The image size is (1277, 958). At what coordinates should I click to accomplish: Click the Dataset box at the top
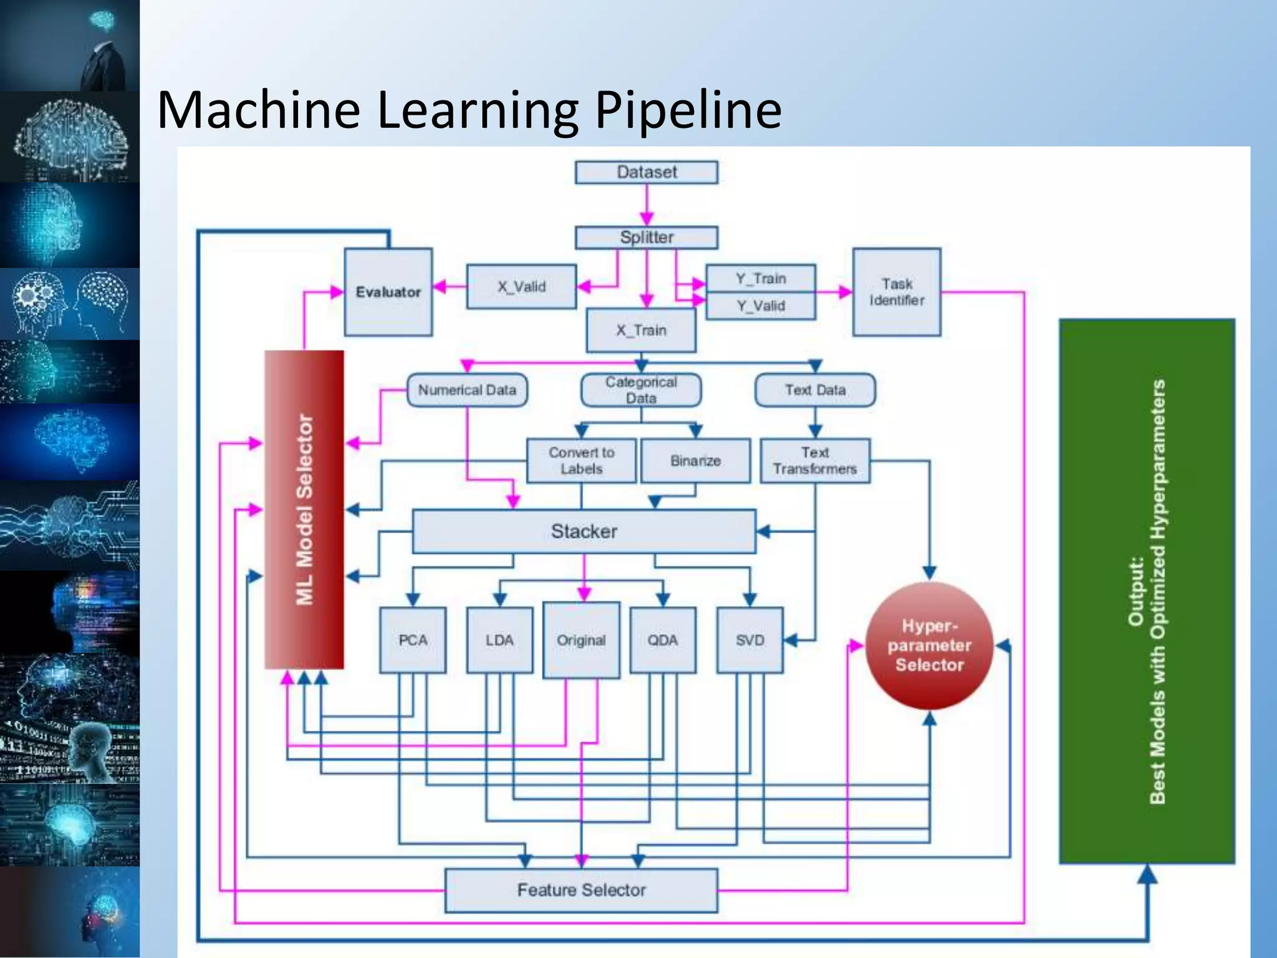(646, 172)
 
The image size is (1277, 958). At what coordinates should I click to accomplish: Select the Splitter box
(646, 238)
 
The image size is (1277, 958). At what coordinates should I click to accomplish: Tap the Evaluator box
(388, 292)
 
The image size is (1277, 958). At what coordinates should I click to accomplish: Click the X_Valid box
(521, 287)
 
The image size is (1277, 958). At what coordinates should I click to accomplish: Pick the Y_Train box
(760, 278)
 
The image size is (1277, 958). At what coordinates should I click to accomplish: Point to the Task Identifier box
(897, 292)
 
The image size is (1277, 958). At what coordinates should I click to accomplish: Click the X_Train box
(641, 330)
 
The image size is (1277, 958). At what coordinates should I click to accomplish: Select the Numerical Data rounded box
(467, 390)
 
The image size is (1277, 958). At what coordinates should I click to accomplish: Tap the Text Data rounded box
(815, 390)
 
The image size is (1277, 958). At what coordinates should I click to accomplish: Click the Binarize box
(695, 461)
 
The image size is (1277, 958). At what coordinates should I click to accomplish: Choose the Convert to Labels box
(581, 461)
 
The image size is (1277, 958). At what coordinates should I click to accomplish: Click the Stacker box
(584, 531)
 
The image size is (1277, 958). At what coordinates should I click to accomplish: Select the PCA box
(413, 640)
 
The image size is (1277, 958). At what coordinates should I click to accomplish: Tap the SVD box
(749, 640)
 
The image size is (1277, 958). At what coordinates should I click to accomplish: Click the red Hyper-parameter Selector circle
(929, 646)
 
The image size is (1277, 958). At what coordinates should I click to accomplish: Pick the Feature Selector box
(581, 890)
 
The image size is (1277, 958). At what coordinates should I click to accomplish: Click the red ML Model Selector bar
(304, 509)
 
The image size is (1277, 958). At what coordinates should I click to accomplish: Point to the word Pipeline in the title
(688, 110)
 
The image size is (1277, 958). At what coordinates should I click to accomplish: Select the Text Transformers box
(815, 461)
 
